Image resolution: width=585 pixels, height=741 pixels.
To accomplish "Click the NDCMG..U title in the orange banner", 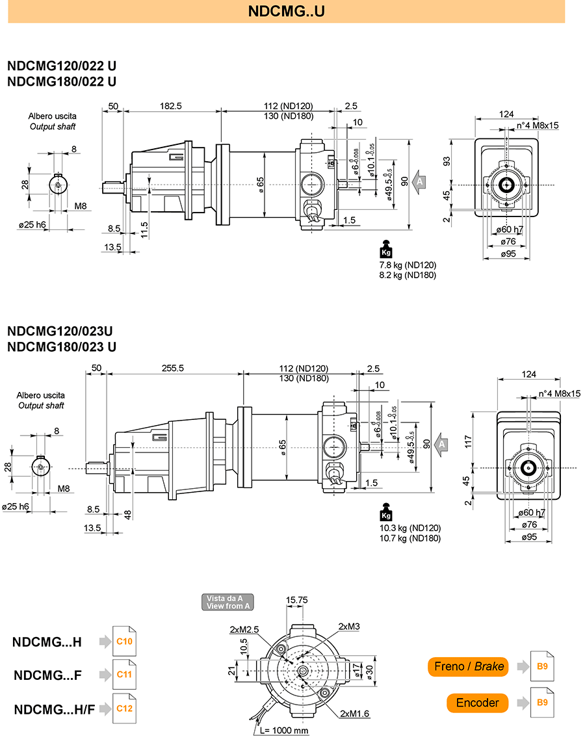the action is point(287,11).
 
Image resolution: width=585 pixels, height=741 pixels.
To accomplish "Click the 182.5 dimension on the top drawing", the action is point(170,106).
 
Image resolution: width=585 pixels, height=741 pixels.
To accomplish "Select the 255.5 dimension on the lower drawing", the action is point(172,368).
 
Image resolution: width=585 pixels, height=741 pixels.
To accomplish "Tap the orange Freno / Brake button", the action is point(468,666).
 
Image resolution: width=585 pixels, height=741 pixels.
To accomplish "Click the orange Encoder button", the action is point(477,703).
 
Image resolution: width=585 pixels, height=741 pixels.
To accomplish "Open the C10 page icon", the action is point(124,642).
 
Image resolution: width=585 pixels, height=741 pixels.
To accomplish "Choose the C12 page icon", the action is point(124,708).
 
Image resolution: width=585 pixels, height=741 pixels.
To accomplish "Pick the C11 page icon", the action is point(124,674).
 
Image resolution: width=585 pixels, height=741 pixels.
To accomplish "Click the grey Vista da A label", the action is point(227,602).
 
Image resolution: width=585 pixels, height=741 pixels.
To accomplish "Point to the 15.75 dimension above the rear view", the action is point(297,600).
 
